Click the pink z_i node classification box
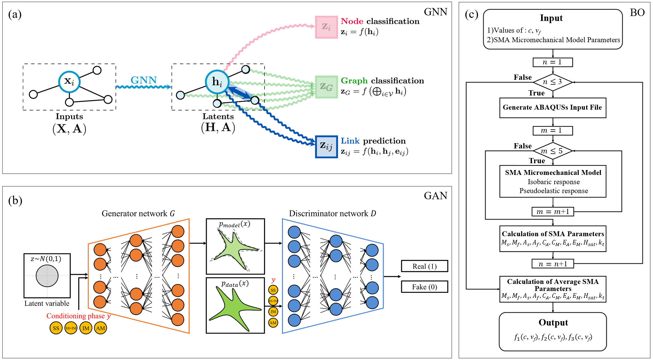click(x=326, y=27)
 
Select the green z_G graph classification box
click(x=326, y=87)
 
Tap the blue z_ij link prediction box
click(x=326, y=147)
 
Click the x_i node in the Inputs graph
click(x=69, y=82)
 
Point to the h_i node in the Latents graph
click(x=217, y=82)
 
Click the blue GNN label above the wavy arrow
click(x=144, y=80)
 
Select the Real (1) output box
click(x=424, y=266)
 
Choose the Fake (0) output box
click(x=424, y=287)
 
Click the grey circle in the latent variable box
click(x=47, y=276)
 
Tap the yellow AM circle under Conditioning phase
click(x=100, y=328)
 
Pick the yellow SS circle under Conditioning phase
click(x=56, y=328)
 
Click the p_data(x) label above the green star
click(x=235, y=283)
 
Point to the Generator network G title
click(x=138, y=213)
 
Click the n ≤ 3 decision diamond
click(x=553, y=82)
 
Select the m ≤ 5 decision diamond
click(x=553, y=151)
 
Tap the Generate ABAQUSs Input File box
click(x=553, y=107)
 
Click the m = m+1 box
click(x=553, y=212)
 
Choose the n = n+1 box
click(x=553, y=264)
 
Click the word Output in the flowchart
click(x=553, y=322)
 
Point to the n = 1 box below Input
click(x=553, y=62)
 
